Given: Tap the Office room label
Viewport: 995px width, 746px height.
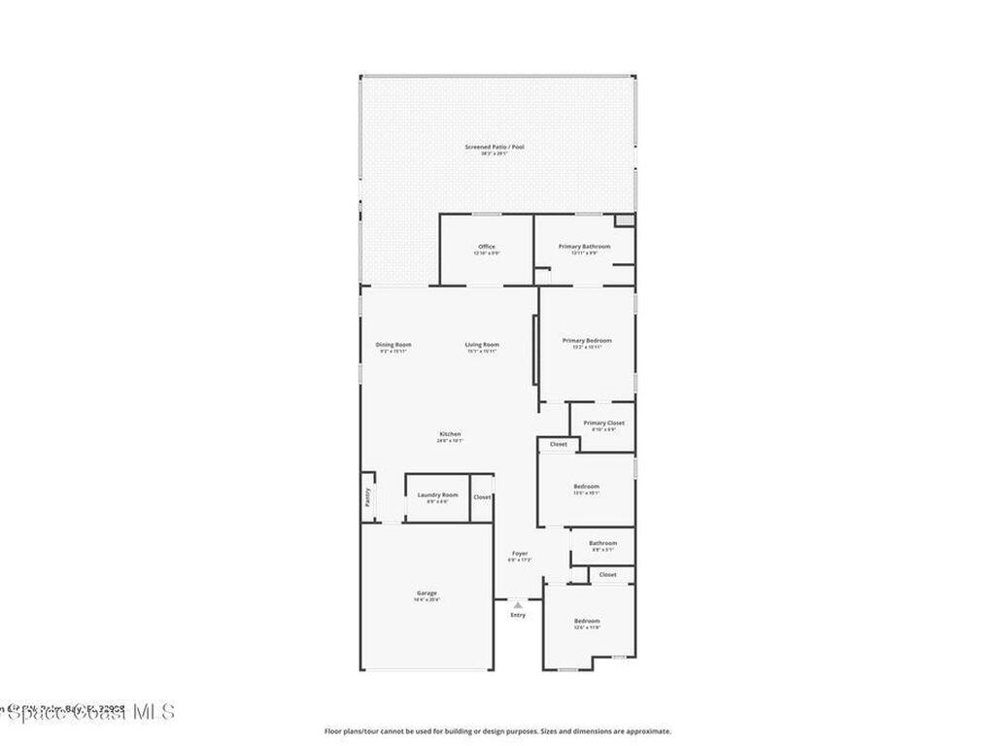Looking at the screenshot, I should click(x=487, y=247).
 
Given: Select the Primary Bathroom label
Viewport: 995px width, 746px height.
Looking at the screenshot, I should click(x=584, y=247).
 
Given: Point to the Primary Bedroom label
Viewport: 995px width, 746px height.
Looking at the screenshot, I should click(x=587, y=340).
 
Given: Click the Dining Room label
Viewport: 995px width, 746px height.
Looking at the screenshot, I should click(x=394, y=345).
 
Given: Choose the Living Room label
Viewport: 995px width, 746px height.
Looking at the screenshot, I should click(x=481, y=345).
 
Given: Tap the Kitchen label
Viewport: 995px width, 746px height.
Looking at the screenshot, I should click(x=449, y=434).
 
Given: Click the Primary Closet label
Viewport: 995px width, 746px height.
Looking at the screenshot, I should click(x=603, y=424).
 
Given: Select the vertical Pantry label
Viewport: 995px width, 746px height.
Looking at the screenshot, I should click(x=367, y=497).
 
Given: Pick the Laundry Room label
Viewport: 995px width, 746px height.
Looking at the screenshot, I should click(x=437, y=495).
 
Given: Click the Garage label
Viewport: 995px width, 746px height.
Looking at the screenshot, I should click(x=427, y=593).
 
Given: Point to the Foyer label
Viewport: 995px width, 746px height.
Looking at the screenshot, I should click(x=520, y=554).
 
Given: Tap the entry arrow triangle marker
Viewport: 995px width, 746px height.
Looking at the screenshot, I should click(x=518, y=604).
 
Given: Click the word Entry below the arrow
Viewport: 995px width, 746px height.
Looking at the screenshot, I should click(x=518, y=615).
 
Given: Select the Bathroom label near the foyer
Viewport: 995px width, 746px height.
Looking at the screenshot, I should click(x=602, y=543).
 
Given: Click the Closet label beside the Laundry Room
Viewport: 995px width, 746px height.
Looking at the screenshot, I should click(x=482, y=497).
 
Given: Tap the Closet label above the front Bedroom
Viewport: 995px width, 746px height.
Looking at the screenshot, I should click(x=607, y=575).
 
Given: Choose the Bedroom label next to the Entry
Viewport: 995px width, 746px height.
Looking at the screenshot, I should click(x=587, y=621).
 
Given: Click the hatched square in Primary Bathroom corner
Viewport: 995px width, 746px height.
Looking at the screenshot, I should click(x=624, y=220).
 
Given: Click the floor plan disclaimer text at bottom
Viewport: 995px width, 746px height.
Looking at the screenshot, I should click(x=497, y=731).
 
